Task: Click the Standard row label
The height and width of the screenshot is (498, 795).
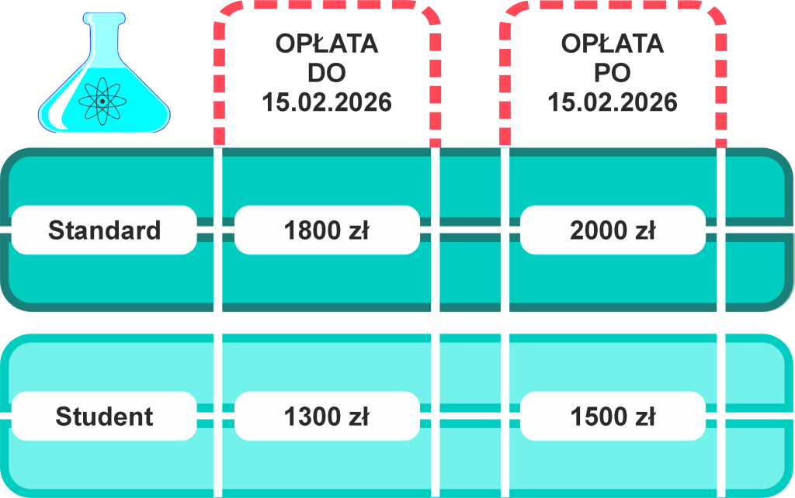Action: tap(104, 230)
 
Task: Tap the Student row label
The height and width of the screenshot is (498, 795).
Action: tap(104, 417)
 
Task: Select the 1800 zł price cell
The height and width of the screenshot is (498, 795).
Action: tap(326, 230)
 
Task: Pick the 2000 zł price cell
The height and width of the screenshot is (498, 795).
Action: tap(613, 230)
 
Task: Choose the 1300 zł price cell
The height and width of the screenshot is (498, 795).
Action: tap(326, 417)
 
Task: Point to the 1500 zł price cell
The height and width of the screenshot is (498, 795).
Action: tap(613, 417)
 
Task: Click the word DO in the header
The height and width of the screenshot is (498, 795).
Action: tap(327, 73)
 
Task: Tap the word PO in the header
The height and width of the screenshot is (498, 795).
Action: tap(613, 73)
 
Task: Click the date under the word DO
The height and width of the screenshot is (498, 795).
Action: tap(327, 102)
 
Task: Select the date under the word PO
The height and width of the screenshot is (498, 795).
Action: tap(613, 102)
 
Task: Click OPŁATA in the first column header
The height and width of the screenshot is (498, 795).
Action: tap(327, 43)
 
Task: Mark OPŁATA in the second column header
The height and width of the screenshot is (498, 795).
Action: tap(613, 43)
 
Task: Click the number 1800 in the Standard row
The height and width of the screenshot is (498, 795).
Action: tap(312, 230)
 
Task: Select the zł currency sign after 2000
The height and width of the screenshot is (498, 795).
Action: tap(646, 230)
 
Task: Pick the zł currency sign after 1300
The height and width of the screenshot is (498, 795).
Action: tap(359, 417)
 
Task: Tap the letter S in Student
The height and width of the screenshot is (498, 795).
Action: tap(63, 417)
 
